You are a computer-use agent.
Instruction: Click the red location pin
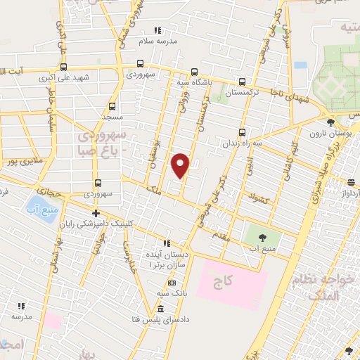point(181,165)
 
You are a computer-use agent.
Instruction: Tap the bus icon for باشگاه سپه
point(194,71)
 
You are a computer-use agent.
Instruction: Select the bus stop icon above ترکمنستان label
point(242,81)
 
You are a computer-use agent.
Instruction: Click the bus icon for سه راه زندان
point(242,131)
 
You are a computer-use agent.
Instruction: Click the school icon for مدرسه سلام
point(157,30)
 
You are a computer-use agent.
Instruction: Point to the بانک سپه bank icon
point(171,283)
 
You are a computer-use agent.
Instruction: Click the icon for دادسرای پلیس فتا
point(161,310)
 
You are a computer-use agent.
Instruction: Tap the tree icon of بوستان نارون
point(330,121)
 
